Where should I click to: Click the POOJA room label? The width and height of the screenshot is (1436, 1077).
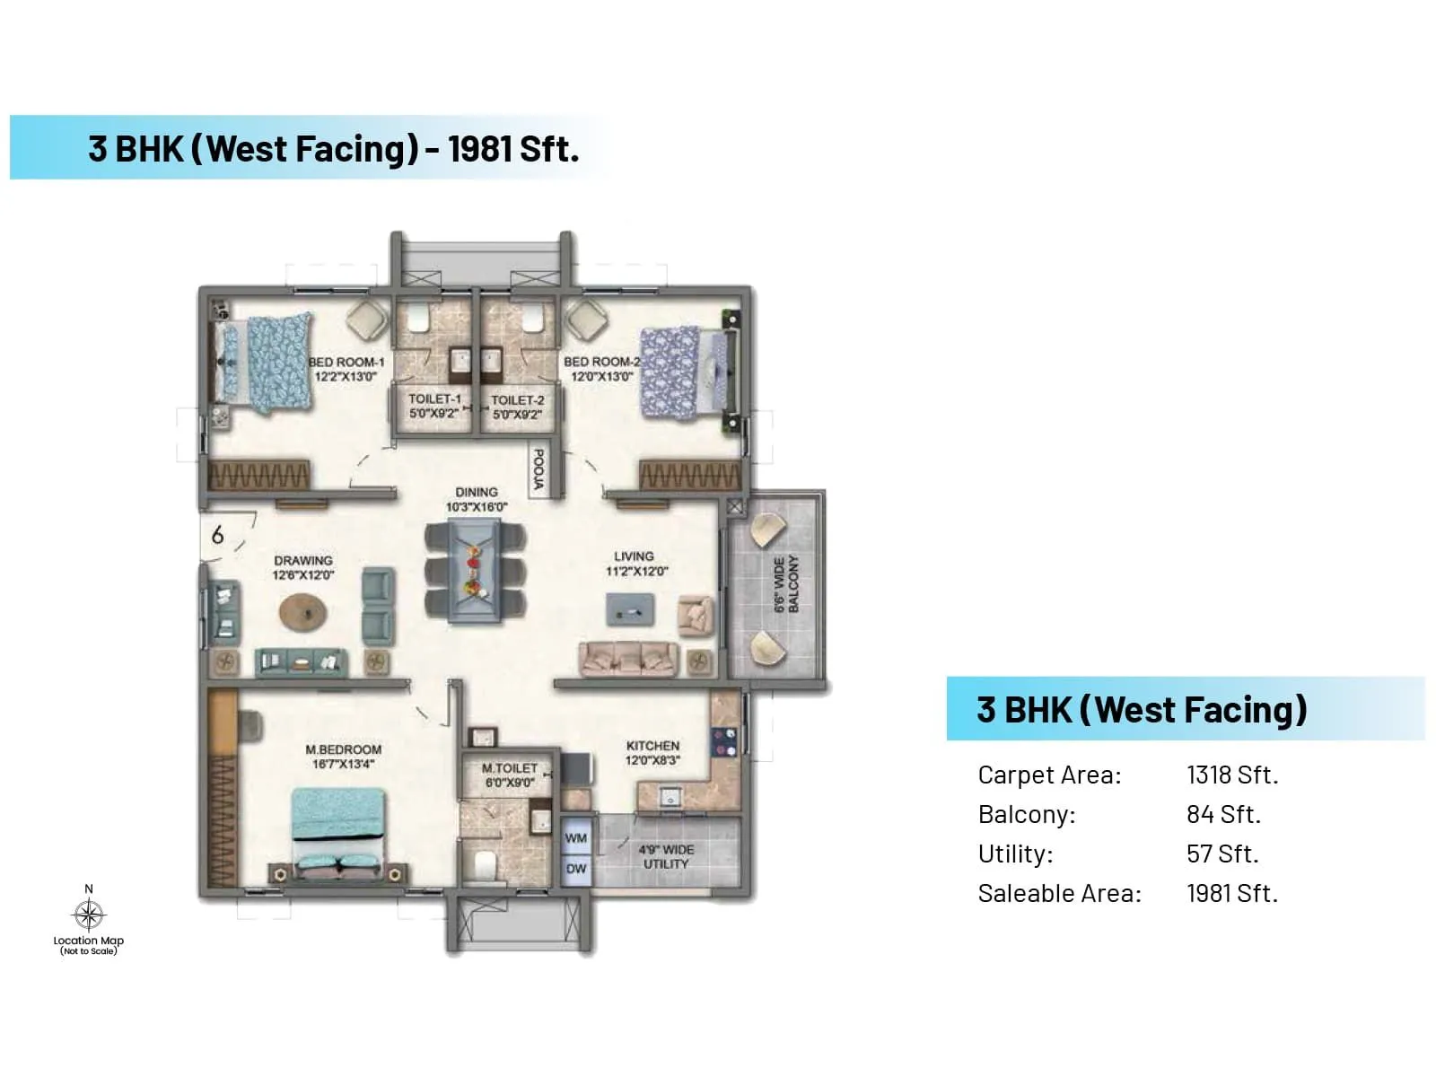point(538,469)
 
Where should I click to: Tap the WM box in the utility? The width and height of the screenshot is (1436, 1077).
point(576,838)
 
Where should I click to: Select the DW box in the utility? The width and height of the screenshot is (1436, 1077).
point(576,869)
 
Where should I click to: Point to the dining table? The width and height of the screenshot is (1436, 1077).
point(476,573)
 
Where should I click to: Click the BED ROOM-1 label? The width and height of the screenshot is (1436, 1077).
point(346,363)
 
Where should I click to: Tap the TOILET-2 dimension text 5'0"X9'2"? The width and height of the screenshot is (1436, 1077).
point(517,415)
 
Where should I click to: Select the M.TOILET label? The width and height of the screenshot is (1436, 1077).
point(509,768)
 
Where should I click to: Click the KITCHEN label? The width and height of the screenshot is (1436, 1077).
point(652,746)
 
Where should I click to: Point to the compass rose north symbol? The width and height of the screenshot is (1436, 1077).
point(88,915)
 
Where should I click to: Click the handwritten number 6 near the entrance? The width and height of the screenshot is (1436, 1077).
point(217,536)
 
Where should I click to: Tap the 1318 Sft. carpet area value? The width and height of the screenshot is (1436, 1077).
point(1231,775)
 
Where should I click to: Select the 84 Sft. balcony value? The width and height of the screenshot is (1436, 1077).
point(1223,814)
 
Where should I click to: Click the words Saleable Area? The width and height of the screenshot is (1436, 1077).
point(1059,894)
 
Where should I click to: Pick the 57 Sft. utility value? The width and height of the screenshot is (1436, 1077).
point(1222,854)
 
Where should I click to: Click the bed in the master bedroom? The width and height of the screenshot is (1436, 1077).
point(338,830)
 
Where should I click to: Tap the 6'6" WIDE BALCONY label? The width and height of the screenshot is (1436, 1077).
point(786,584)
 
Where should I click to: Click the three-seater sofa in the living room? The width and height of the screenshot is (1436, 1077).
point(626,659)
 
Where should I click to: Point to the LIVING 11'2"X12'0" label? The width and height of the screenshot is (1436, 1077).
point(635,564)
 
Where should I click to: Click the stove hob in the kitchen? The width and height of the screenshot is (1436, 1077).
point(724,741)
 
